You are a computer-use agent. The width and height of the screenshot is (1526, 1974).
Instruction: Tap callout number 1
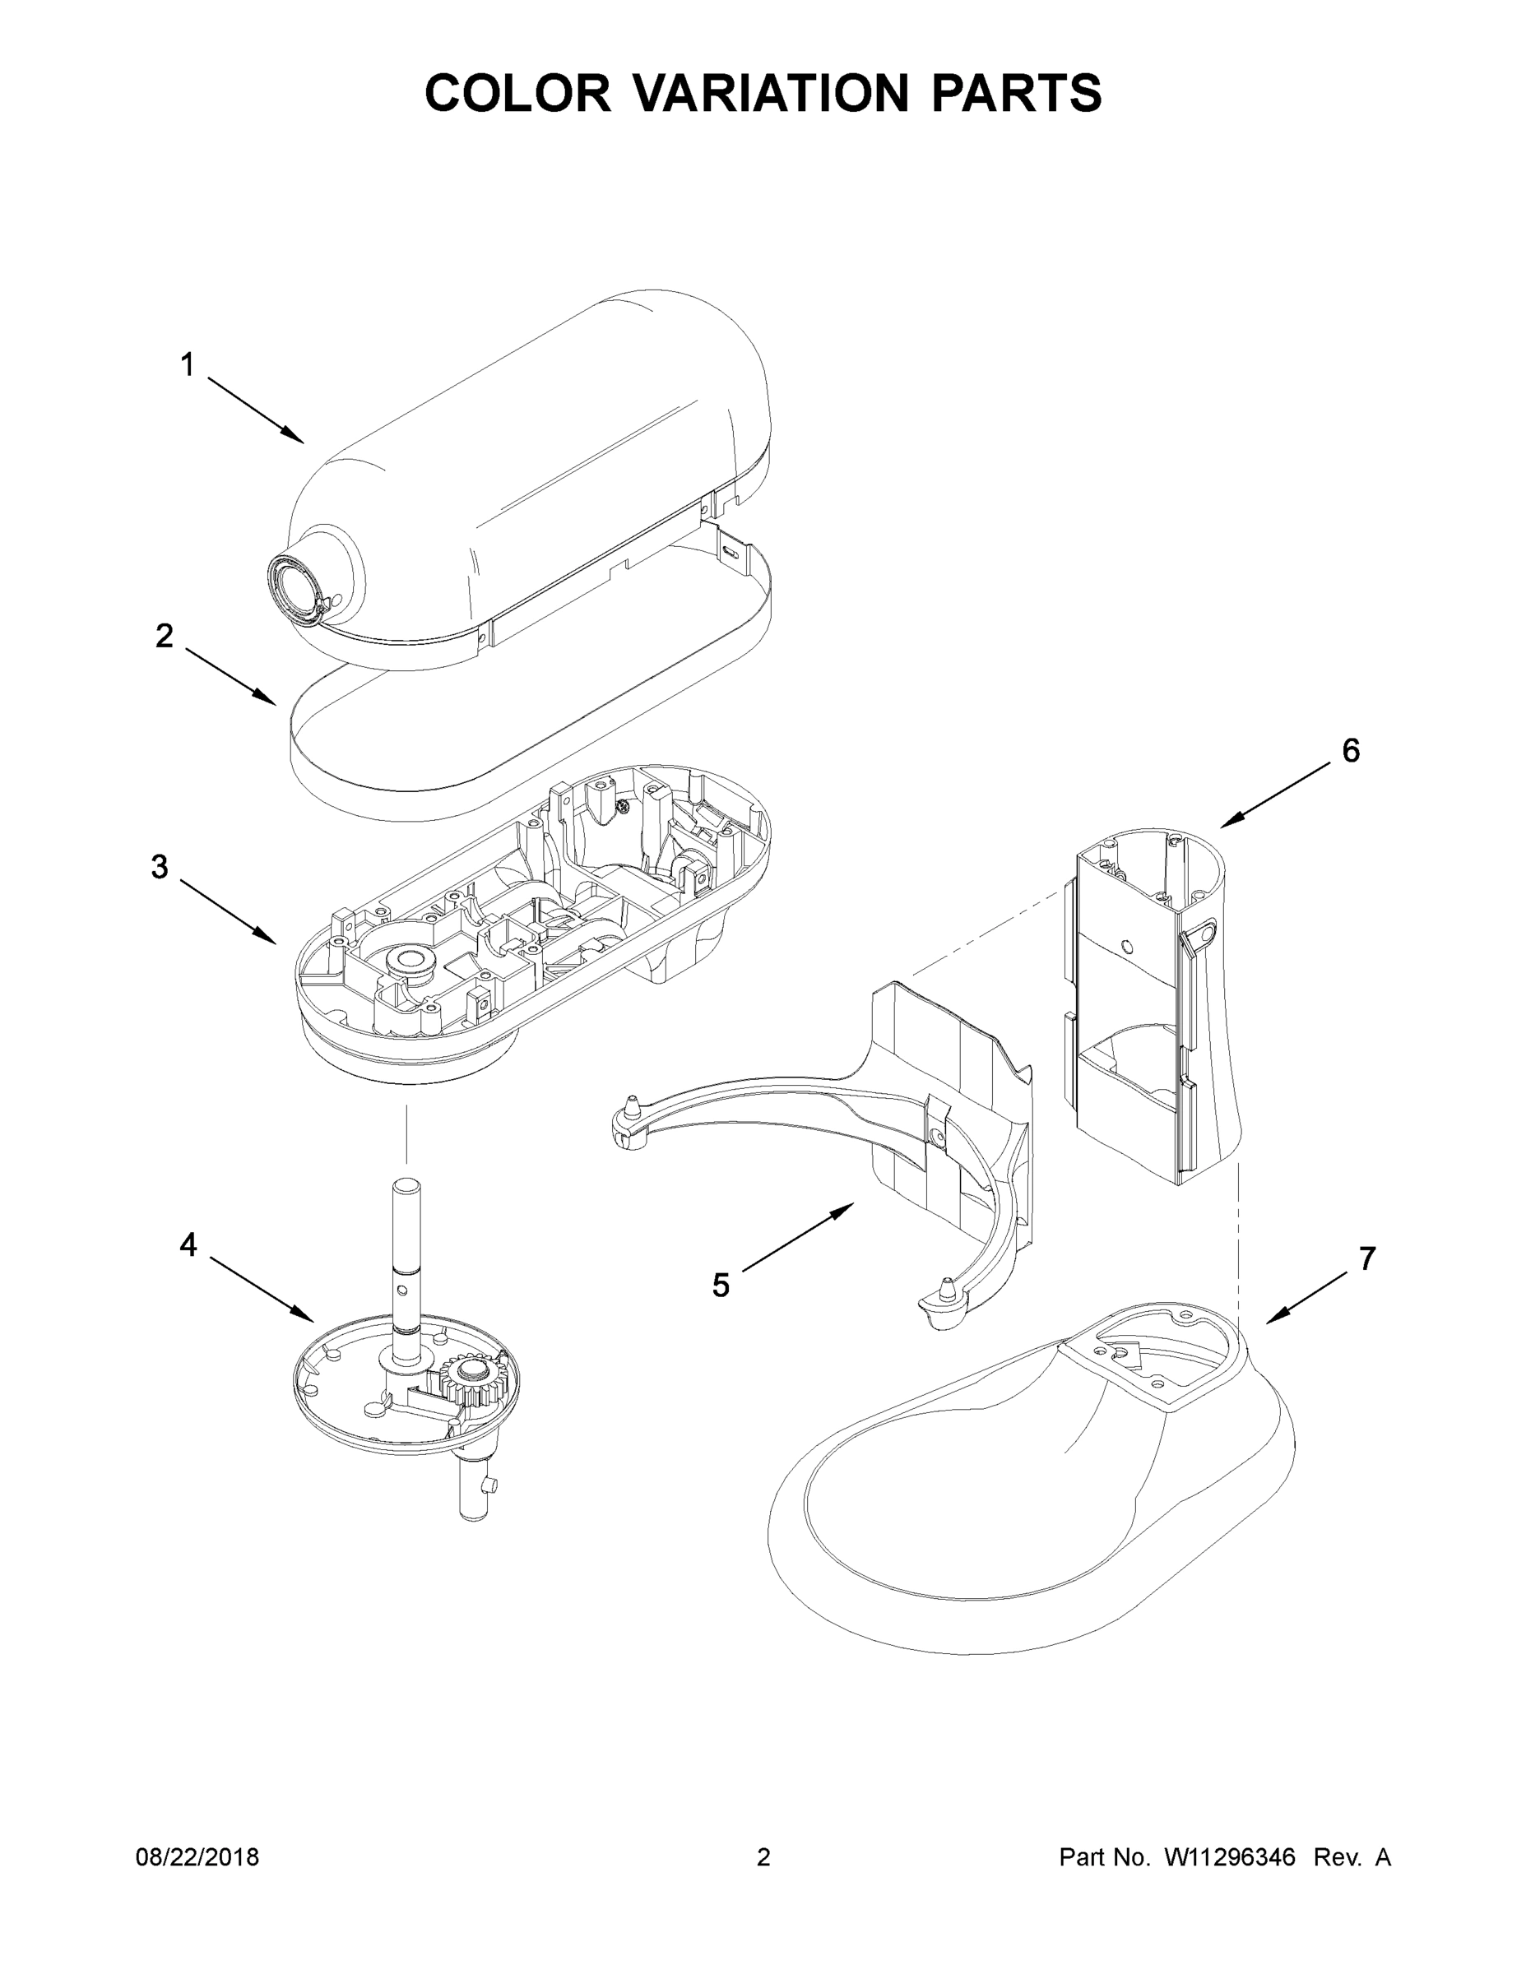(x=187, y=365)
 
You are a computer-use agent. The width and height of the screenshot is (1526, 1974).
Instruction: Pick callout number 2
(x=164, y=636)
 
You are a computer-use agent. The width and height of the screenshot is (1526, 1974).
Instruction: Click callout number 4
(x=188, y=1244)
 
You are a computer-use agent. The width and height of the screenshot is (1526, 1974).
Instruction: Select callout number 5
(x=720, y=1285)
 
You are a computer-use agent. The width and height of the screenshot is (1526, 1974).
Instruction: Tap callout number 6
(x=1350, y=750)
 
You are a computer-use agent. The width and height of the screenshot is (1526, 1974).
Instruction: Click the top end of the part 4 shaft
(x=406, y=1184)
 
